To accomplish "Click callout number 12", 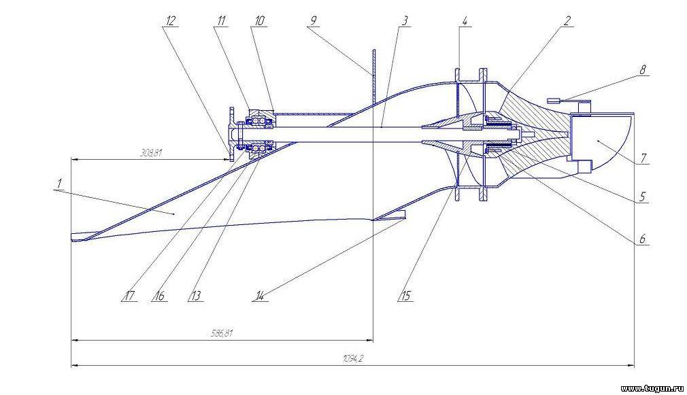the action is [171, 20].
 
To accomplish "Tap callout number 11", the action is [221, 20].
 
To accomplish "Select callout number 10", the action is [260, 20].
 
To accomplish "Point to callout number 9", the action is [313, 20].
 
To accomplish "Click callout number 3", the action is [405, 20].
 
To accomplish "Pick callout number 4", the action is [465, 20].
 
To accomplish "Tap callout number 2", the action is [567, 20].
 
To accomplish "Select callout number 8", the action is [643, 70].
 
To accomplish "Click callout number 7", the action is [643, 158].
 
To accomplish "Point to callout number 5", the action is [642, 197].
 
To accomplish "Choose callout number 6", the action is [642, 239].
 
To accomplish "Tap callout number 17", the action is [129, 296].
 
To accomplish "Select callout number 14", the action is [260, 296].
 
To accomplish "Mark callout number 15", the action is [405, 296].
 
